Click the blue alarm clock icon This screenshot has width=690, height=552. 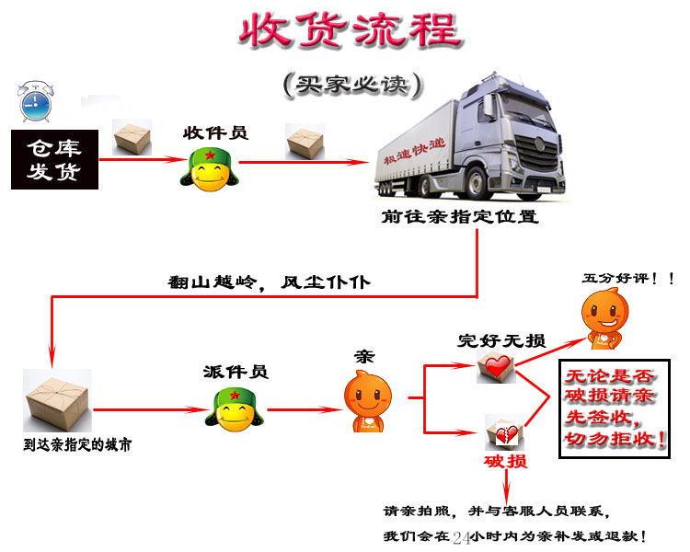pos(36,102)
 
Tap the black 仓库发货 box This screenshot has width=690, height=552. pos(54,159)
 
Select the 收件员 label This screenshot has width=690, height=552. pos(215,132)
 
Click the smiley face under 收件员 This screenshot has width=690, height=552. pos(210,170)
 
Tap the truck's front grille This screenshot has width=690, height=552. pos(538,153)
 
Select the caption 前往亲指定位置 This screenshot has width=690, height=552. pos(459,216)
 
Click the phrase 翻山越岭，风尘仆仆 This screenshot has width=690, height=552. pos(270,282)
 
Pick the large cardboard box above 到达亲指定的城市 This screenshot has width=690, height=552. pos(57,400)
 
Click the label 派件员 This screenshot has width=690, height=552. pos(236,372)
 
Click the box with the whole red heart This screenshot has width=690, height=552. pos(497,368)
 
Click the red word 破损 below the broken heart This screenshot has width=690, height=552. pos(506,461)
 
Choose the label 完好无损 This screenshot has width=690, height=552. pos(501,340)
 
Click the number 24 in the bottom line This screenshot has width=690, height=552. pos(461,538)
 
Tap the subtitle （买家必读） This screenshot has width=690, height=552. pos(352,85)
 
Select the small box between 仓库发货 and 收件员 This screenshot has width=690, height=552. pos(132,137)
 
